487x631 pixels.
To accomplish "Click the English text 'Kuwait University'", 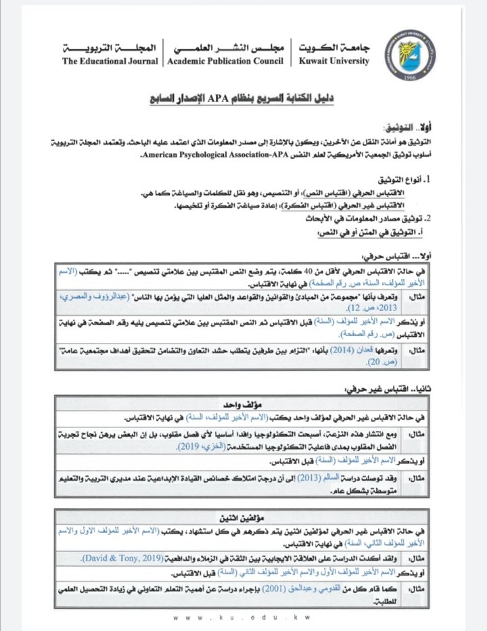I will point(334,62).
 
